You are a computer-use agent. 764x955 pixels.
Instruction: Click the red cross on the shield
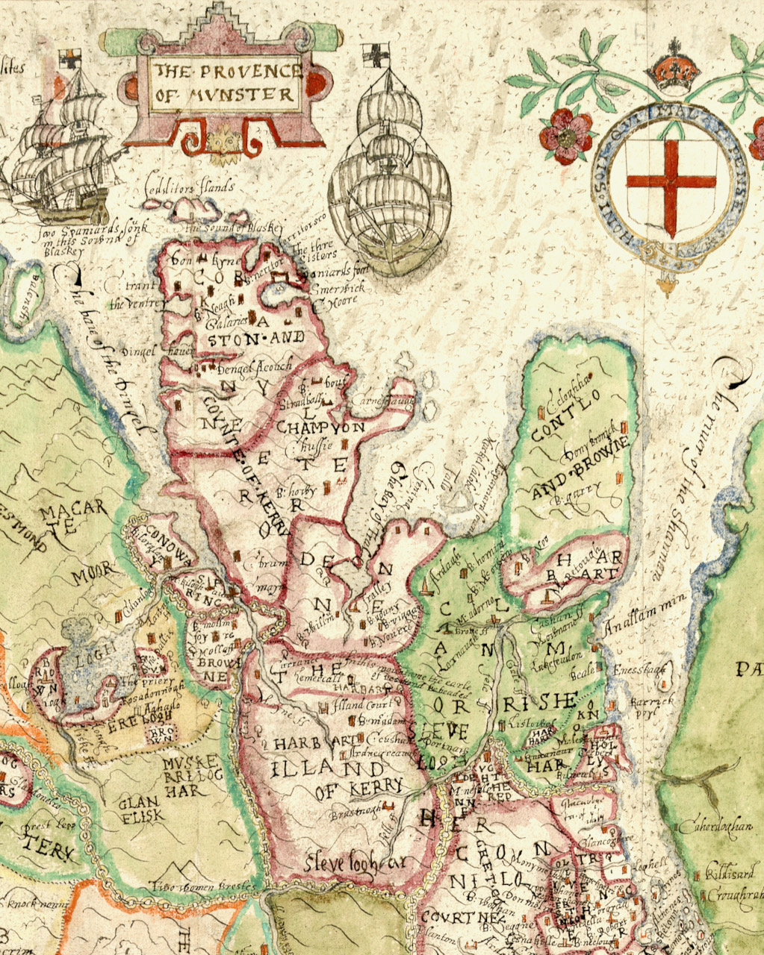point(671,181)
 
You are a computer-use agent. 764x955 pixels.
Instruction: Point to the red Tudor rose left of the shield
point(566,137)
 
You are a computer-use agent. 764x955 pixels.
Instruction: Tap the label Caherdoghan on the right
point(710,827)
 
